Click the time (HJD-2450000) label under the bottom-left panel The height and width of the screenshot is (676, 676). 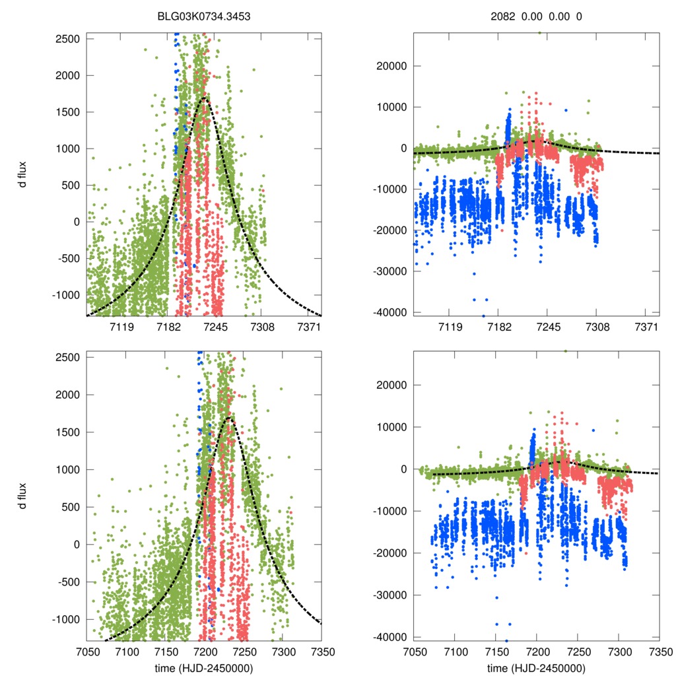point(203,667)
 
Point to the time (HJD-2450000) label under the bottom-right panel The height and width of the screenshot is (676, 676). point(537,667)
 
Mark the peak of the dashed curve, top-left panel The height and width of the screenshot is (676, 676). point(205,98)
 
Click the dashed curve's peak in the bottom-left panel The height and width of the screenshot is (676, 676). point(228,417)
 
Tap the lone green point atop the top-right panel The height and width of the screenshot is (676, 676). point(539,32)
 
